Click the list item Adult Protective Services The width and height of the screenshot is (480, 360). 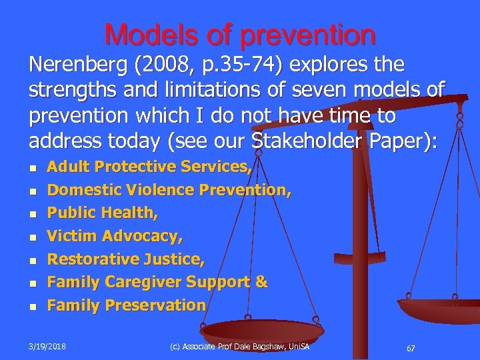point(149,167)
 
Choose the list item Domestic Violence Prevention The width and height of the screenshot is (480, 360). point(169,190)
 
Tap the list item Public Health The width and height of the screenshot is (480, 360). point(102,213)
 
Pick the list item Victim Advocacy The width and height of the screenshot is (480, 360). point(115,236)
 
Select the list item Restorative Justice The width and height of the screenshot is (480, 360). point(126,259)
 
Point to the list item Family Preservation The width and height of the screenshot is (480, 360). point(126,305)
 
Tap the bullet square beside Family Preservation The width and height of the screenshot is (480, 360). point(33,307)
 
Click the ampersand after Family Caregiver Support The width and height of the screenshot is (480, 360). point(261,282)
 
